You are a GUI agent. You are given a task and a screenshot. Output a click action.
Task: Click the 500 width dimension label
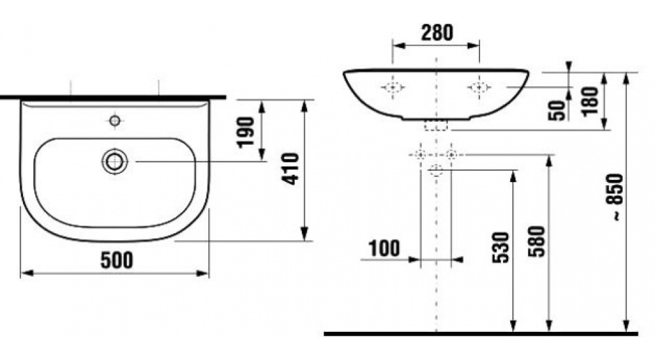pos(117,260)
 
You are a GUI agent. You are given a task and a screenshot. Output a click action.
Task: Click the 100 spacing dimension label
pos(384,249)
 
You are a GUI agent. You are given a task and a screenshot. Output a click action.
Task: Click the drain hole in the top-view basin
pos(115,160)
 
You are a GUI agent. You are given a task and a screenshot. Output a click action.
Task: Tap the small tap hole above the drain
pos(115,120)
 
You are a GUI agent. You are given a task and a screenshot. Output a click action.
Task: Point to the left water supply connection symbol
pos(421,155)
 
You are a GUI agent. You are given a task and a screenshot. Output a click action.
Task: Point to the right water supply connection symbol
pos(451,155)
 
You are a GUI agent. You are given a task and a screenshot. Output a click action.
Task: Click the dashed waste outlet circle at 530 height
pos(436,171)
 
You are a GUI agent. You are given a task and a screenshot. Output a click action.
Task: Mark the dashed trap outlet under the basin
pos(436,126)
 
